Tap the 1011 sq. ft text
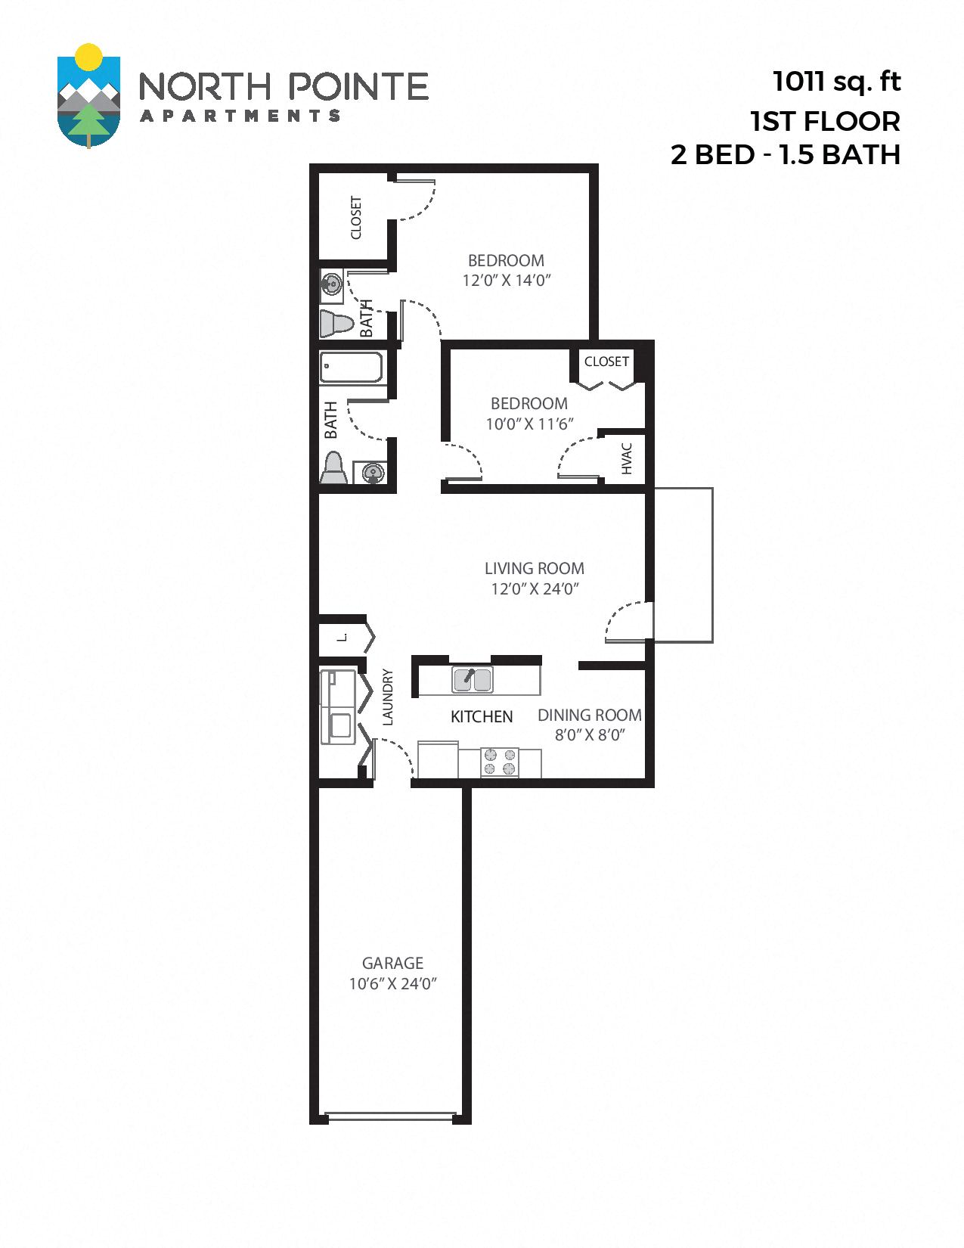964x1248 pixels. click(x=836, y=81)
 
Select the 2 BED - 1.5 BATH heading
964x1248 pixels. click(x=785, y=154)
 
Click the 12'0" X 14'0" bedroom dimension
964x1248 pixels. click(x=506, y=281)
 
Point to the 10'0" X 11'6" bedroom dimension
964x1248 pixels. click(x=529, y=424)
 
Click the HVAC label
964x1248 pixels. click(x=626, y=458)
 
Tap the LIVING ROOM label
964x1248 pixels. click(x=534, y=568)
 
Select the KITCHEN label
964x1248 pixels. click(x=482, y=716)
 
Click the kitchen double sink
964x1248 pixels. click(x=473, y=679)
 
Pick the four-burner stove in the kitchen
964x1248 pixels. click(x=500, y=762)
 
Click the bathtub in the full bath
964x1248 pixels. click(x=351, y=368)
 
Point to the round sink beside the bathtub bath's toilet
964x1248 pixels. click(x=371, y=473)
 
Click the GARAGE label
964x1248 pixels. click(x=392, y=963)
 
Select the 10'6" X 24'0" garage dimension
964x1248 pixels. click(x=393, y=984)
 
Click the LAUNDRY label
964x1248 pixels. click(x=388, y=697)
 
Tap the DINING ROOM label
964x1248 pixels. click(x=589, y=715)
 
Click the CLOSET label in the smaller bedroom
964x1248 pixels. click(x=606, y=362)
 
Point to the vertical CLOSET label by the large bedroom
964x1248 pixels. click(x=355, y=218)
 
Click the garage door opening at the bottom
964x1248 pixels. click(x=392, y=1114)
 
